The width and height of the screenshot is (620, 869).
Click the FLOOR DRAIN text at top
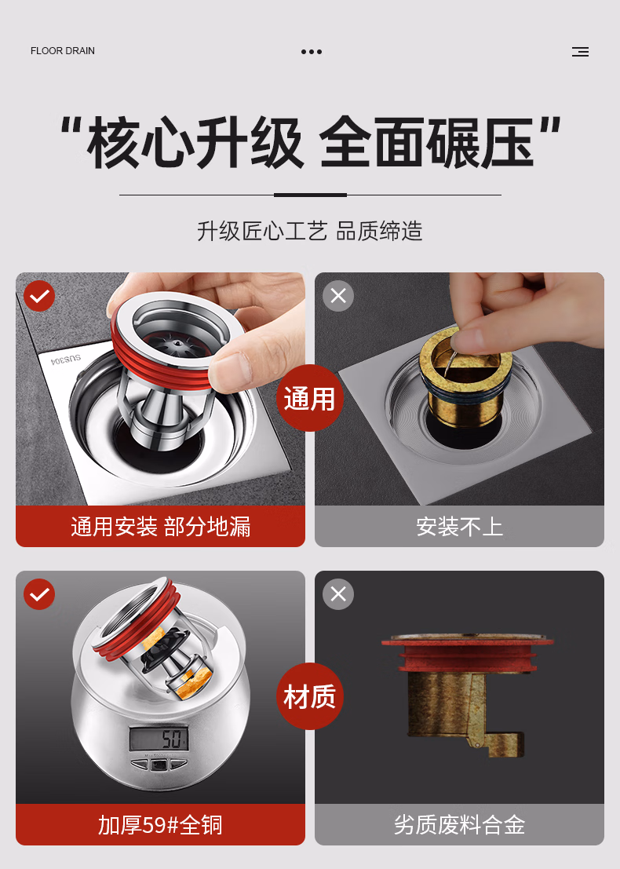click(x=63, y=51)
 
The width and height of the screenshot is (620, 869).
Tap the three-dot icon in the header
click(x=312, y=52)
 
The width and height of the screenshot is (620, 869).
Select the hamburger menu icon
click(x=580, y=52)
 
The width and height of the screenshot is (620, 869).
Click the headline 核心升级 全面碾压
click(x=310, y=142)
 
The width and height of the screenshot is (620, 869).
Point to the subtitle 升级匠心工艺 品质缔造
click(x=310, y=231)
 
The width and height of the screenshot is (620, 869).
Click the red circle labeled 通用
click(x=310, y=398)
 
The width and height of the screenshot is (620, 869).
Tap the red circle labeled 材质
click(x=310, y=696)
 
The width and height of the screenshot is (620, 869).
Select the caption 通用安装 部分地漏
click(x=161, y=527)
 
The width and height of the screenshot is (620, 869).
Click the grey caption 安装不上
click(x=459, y=527)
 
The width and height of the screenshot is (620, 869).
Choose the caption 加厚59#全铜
click(x=161, y=825)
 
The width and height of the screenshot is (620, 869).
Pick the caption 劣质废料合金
click(x=459, y=825)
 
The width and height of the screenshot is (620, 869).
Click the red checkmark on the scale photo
click(x=39, y=594)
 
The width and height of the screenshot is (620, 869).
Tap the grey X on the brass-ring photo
click(x=338, y=296)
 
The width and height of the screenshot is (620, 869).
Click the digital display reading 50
click(x=159, y=739)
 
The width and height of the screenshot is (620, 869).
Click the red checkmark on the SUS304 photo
click(x=39, y=296)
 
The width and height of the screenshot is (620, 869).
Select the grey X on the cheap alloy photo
click(x=338, y=594)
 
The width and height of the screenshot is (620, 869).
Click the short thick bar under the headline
click(x=310, y=195)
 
